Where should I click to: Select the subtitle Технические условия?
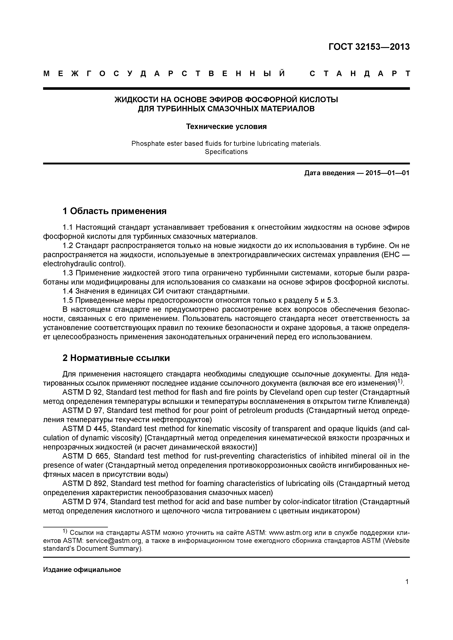point(226,126)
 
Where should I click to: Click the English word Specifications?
point(226,152)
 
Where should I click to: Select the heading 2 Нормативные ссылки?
point(116,358)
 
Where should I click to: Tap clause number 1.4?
point(68,291)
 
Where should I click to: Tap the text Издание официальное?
point(82,570)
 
